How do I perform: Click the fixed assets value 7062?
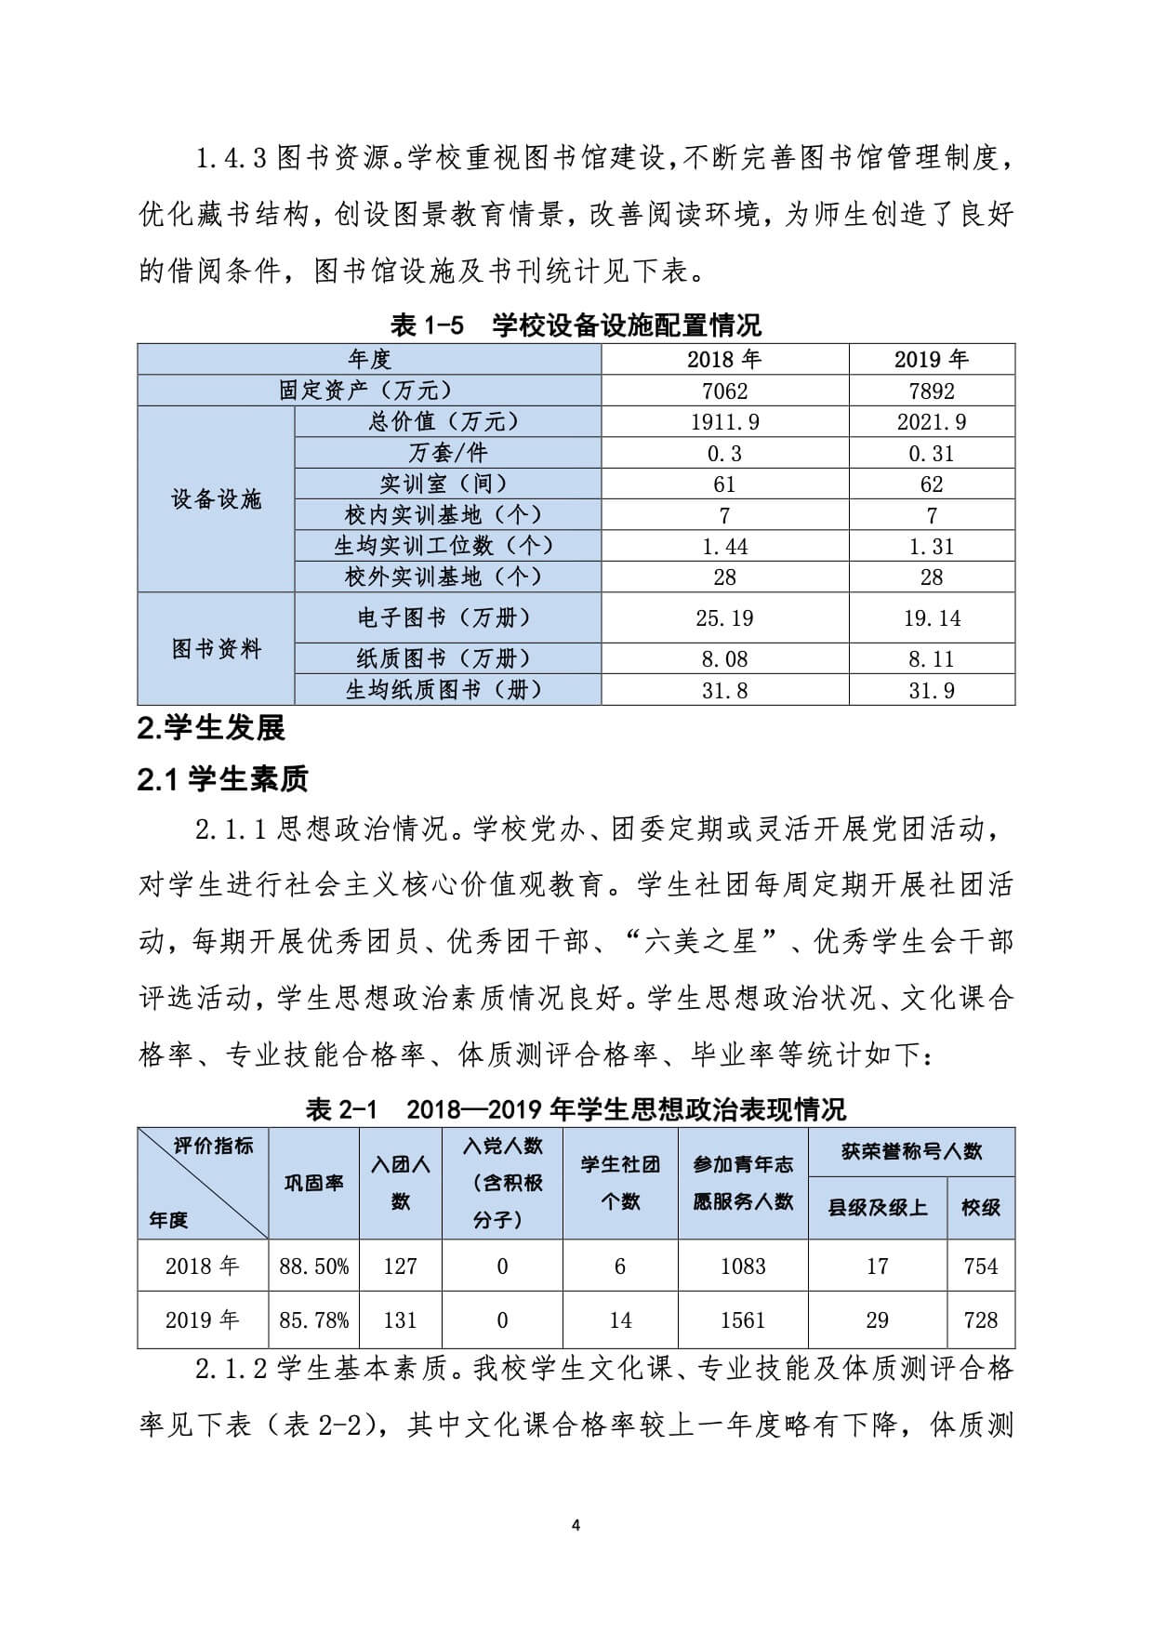724,391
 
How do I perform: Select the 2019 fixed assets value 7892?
932,391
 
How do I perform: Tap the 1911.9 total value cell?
724,422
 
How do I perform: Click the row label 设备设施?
216,499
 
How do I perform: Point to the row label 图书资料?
216,649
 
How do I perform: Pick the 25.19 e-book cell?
724,618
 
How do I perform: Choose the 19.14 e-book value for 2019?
932,618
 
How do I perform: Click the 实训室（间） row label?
446,484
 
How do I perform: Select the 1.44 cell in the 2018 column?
724,547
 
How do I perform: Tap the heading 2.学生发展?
211,728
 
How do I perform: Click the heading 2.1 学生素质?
222,779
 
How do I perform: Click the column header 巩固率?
313,1183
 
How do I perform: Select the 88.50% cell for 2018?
313,1266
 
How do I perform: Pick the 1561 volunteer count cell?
742,1320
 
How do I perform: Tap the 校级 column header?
981,1208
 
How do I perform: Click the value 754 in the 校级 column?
981,1266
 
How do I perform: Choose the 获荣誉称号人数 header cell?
911,1152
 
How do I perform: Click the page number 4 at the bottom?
576,1525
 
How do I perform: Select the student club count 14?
620,1320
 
